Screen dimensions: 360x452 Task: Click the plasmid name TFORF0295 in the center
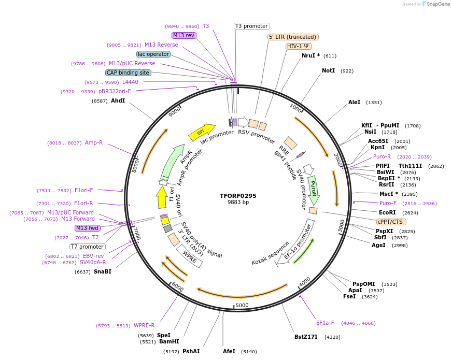pos(238,196)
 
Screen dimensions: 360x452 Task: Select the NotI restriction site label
pos(328,70)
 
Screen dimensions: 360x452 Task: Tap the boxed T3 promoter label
pos(252,26)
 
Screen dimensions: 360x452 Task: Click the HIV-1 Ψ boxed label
pos(299,46)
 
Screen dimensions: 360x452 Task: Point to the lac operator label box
pos(153,54)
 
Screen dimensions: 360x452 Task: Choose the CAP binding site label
pos(128,73)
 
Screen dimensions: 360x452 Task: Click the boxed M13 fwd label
pos(87,228)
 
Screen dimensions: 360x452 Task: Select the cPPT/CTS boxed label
pos(390,222)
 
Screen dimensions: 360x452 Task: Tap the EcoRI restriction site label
pos(387,212)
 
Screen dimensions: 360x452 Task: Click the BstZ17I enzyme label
pos(306,337)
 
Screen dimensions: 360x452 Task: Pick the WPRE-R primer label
pos(144,325)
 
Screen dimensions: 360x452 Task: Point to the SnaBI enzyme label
pos(103,271)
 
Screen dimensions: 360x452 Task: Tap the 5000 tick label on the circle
pos(242,305)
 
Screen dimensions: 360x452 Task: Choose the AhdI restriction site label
pos(118,100)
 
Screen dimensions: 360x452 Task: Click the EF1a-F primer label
pos(325,323)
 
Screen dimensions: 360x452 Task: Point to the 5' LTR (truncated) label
pos(293,37)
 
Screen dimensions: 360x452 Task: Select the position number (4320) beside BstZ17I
pos(332,337)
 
